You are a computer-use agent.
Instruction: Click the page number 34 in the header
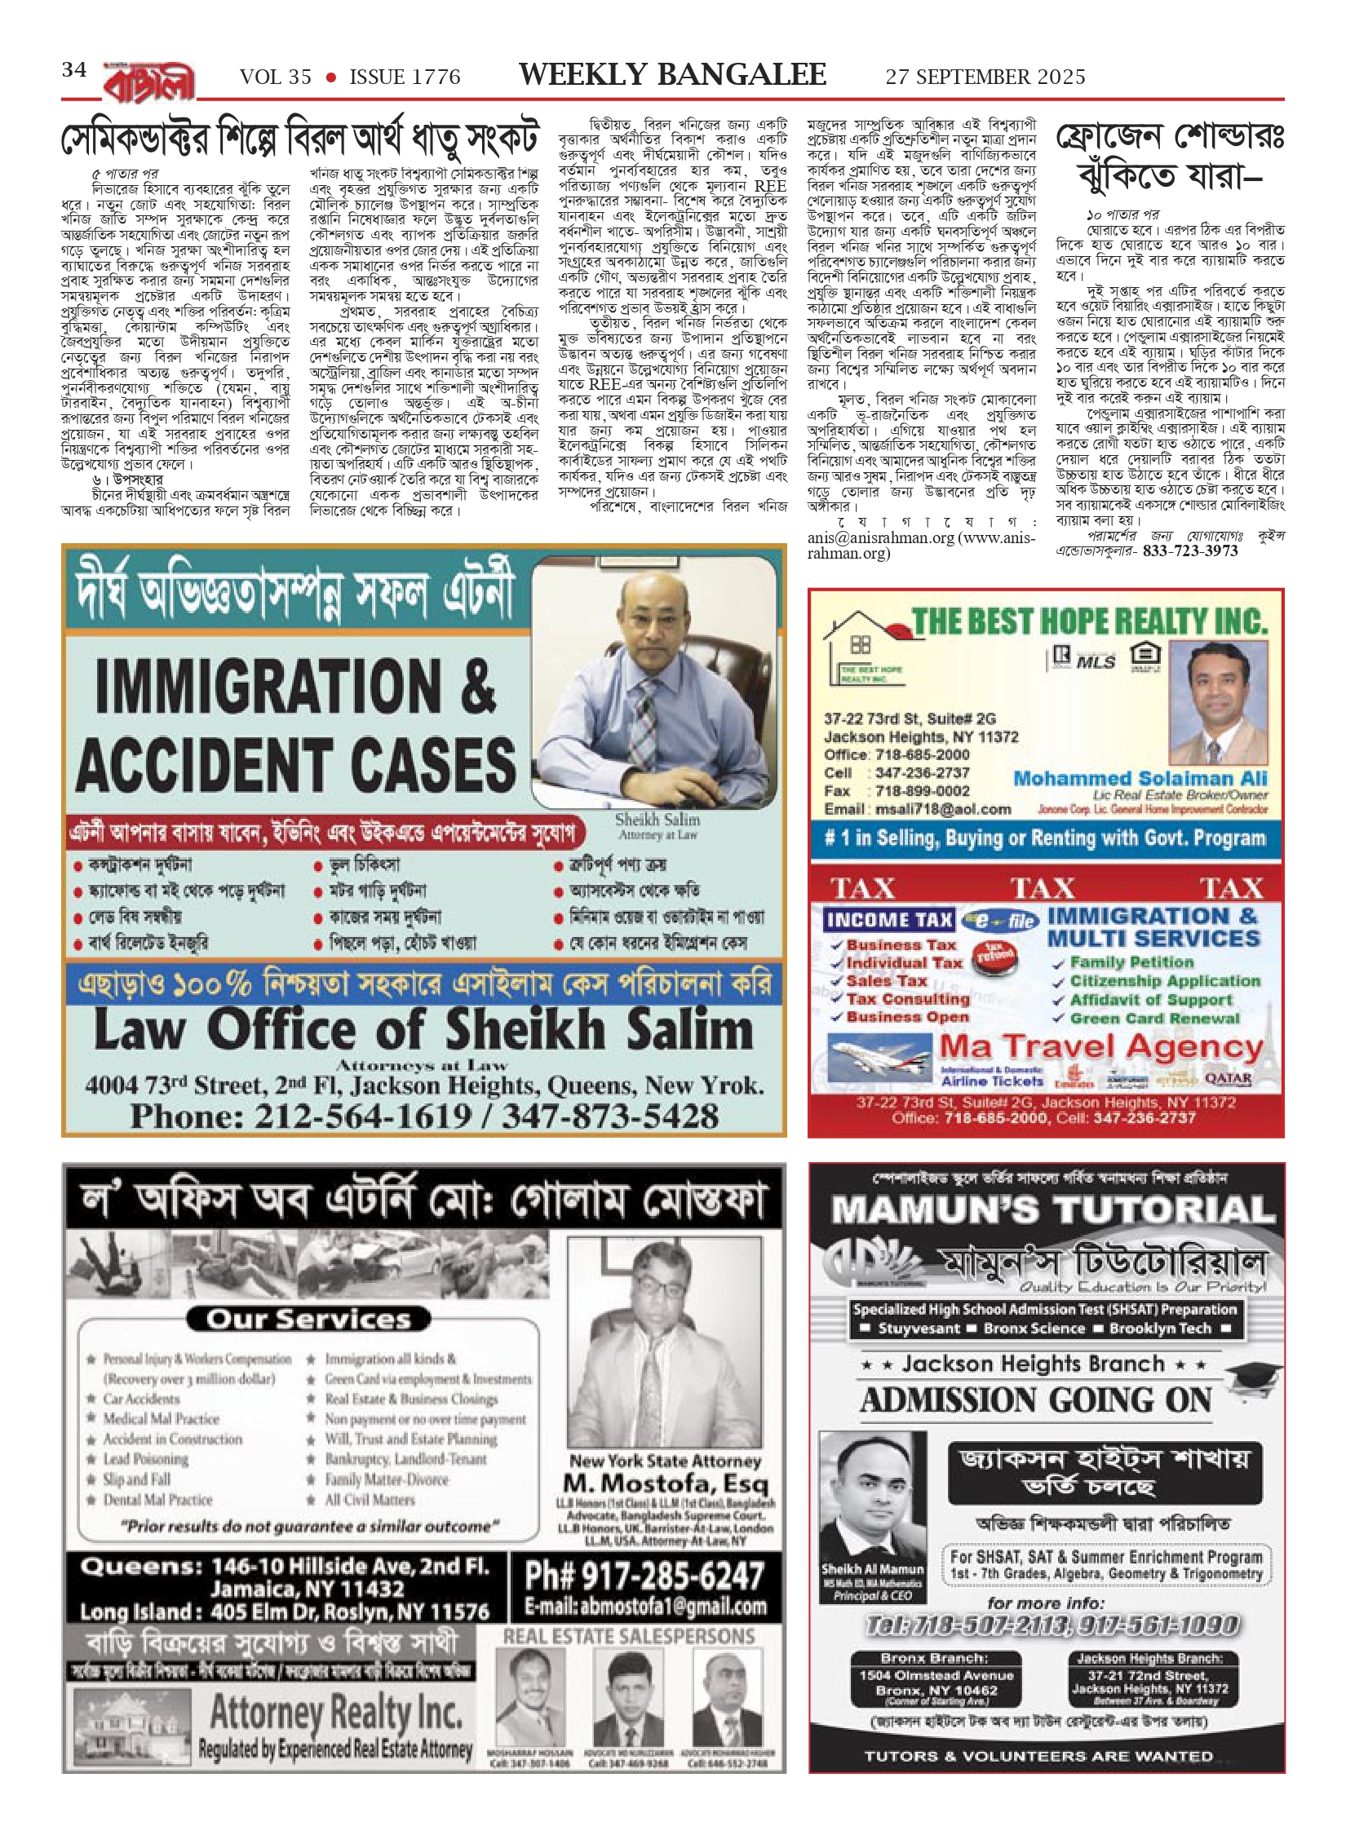(x=73, y=70)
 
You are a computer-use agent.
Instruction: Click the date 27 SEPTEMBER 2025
(x=985, y=77)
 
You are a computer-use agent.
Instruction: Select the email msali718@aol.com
(x=943, y=809)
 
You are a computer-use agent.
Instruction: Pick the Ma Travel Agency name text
(x=1101, y=1046)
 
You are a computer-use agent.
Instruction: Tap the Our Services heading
(x=308, y=1320)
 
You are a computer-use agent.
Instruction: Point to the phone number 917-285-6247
(x=644, y=1576)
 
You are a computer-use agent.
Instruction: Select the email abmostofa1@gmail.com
(x=644, y=1607)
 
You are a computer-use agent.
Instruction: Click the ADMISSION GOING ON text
(x=1036, y=1401)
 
